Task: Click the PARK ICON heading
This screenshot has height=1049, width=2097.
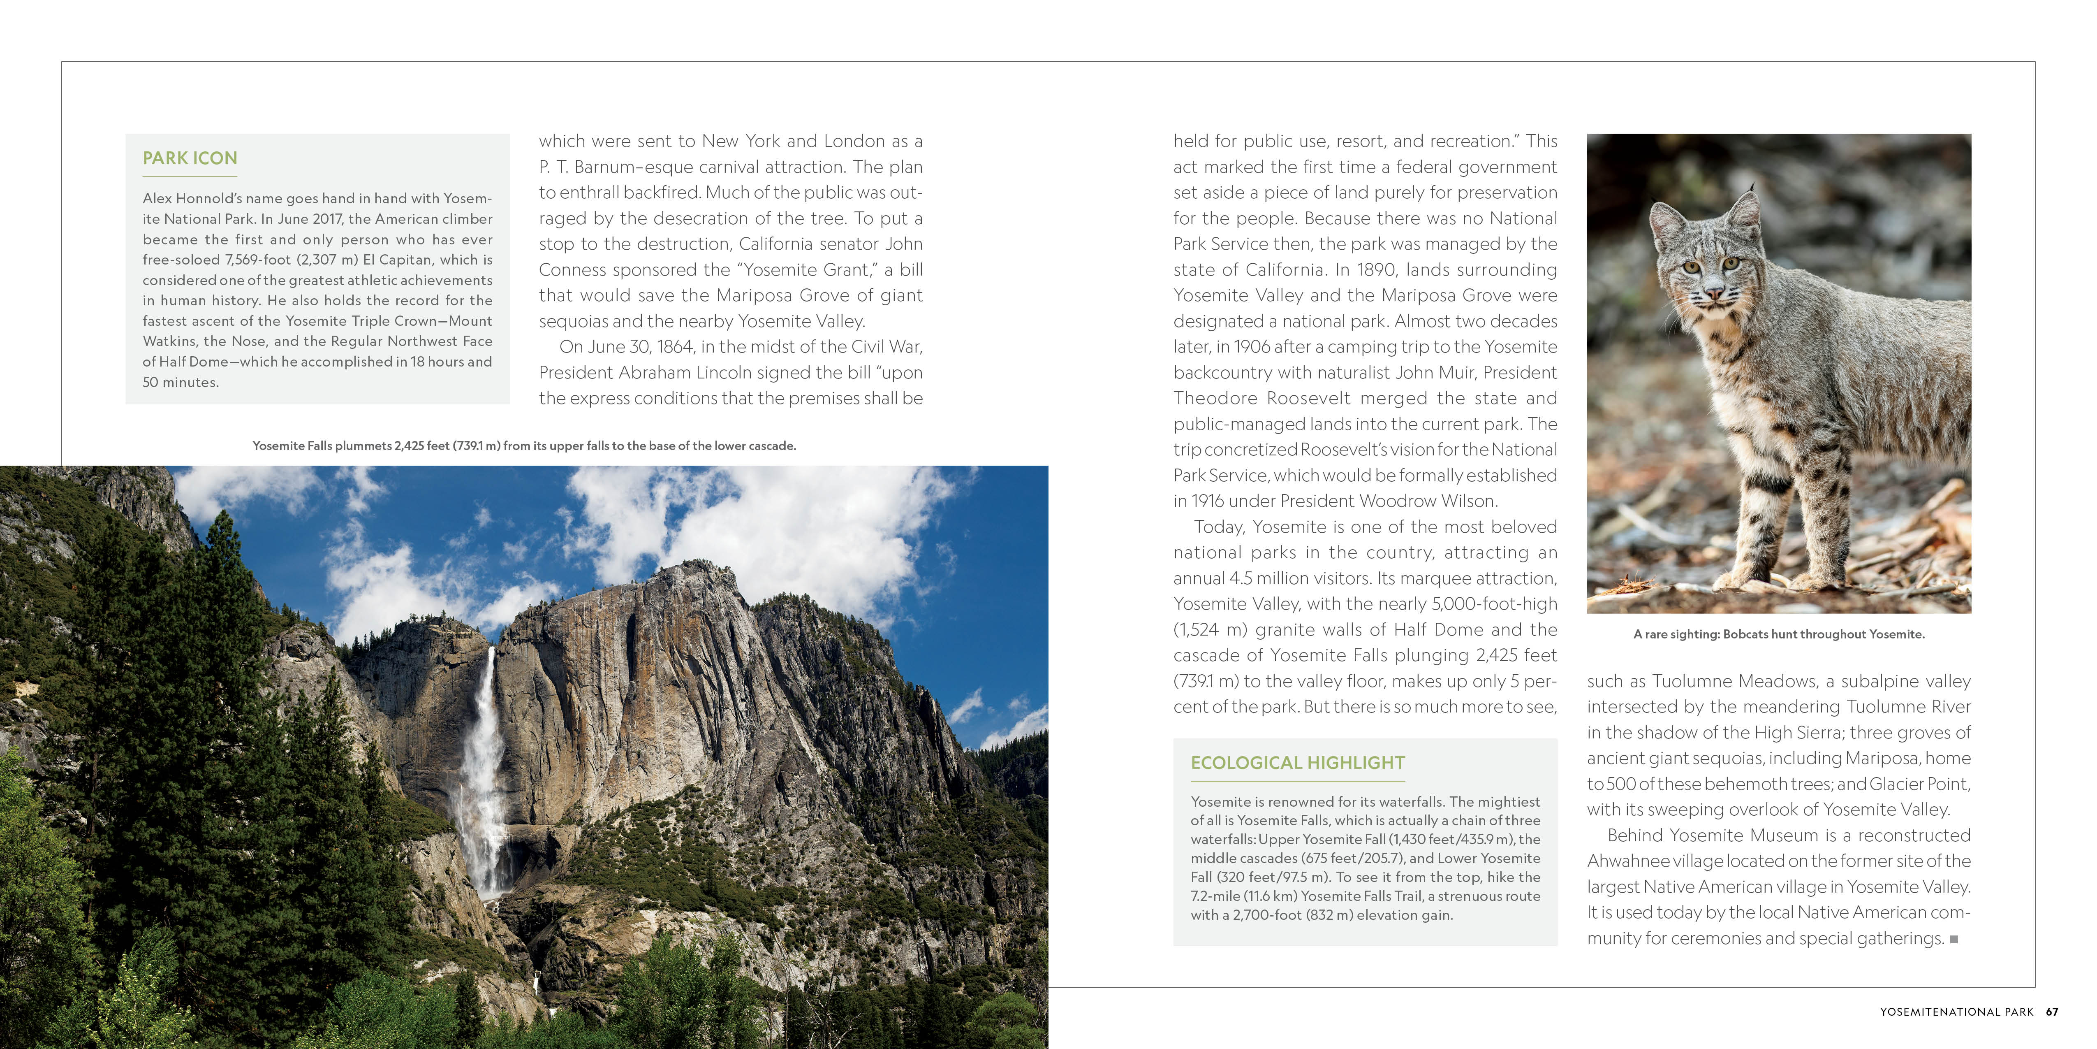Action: pos(190,158)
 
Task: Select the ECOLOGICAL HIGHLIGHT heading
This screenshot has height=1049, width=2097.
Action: pos(1298,763)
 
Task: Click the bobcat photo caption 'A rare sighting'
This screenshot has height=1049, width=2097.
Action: pos(1779,634)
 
